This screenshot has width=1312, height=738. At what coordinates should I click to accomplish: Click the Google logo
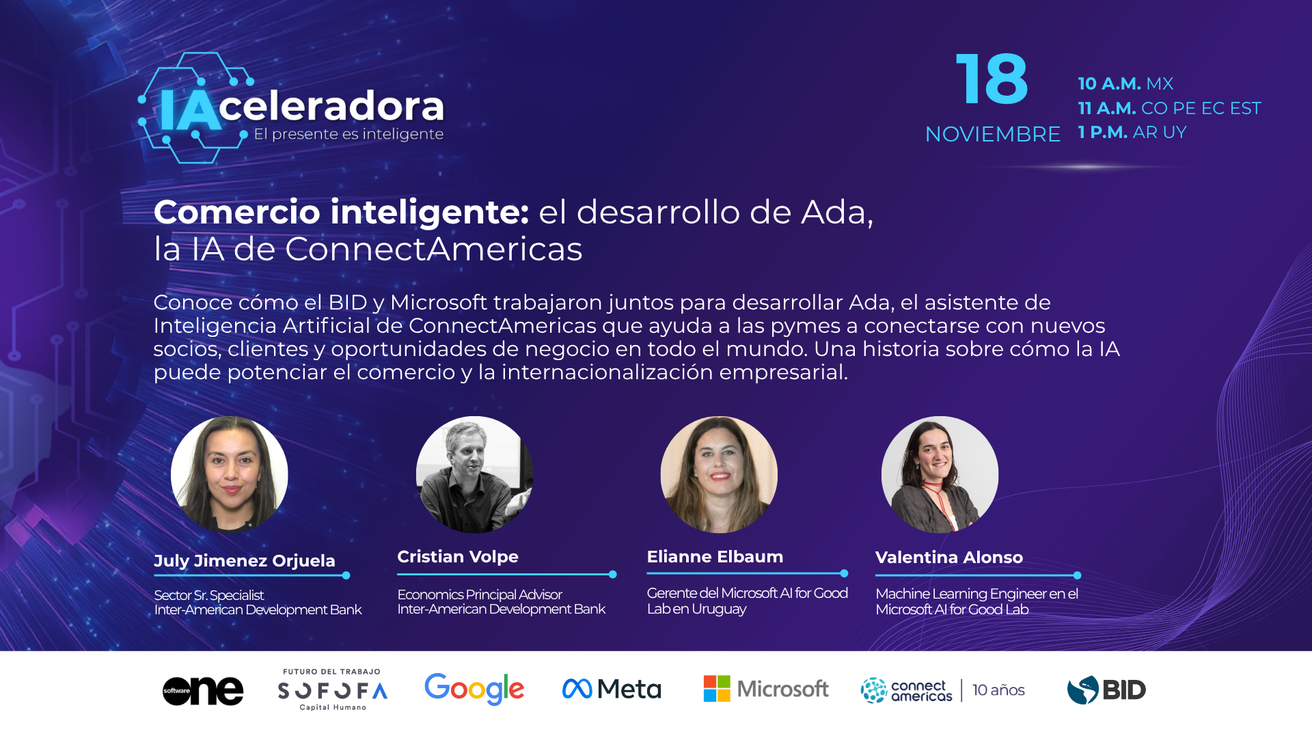tap(474, 689)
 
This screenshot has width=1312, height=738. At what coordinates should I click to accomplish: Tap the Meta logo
tap(612, 689)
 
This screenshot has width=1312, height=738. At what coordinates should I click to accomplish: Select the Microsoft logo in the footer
tap(765, 689)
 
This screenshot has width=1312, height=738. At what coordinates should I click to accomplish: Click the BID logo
tap(1106, 689)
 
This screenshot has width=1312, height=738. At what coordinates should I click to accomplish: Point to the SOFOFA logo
tap(332, 690)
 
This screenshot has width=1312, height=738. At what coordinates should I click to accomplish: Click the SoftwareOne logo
tap(203, 690)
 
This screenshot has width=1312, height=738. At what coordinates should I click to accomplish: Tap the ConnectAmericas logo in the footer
tap(906, 690)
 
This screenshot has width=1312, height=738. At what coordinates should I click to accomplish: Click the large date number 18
tap(992, 80)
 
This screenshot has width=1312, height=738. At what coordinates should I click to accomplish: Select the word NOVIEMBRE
tap(992, 134)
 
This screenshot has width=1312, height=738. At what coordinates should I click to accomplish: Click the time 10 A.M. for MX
tap(1125, 83)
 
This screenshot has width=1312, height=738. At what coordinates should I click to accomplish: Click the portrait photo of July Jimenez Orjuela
tap(230, 474)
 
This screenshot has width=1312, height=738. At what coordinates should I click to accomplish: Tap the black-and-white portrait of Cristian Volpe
tap(474, 474)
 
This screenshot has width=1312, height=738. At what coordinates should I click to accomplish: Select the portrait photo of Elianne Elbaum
tap(719, 474)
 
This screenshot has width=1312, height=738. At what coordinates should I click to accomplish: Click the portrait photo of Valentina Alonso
tap(940, 474)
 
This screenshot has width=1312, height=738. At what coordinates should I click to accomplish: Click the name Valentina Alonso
tap(948, 558)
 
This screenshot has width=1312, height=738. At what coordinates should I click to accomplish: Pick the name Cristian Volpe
tap(458, 557)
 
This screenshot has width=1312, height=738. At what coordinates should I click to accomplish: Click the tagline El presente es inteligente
tap(348, 134)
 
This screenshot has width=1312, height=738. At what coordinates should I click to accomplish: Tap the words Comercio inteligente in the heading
tap(341, 212)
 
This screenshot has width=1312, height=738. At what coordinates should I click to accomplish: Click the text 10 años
tap(998, 690)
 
